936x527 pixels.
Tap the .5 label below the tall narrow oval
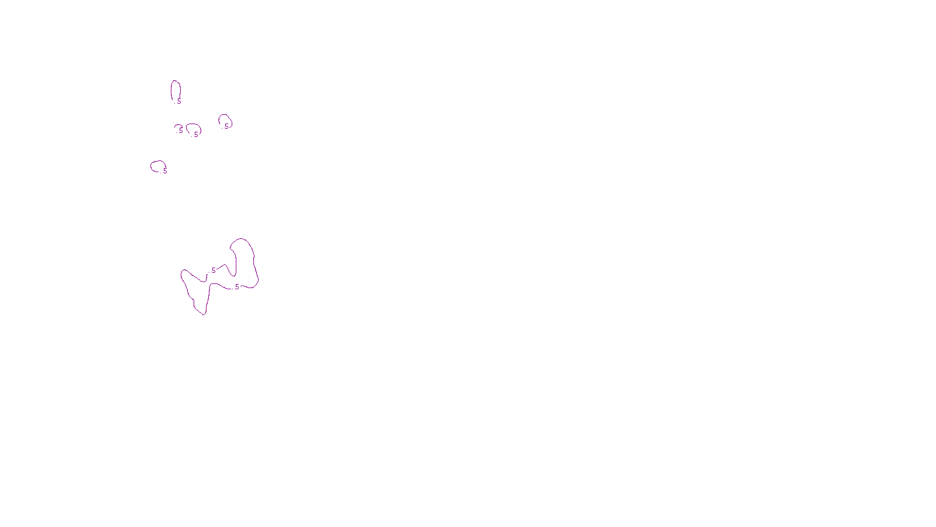pos(178,101)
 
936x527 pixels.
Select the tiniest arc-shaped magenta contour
pos(176,126)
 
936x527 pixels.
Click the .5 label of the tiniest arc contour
pos(180,131)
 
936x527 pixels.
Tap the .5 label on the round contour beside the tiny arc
pos(195,134)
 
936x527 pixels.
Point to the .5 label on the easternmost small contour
pos(226,126)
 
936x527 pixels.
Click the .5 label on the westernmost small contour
pos(164,171)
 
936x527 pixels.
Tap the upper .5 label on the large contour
pos(213,271)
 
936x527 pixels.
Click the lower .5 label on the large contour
pos(236,287)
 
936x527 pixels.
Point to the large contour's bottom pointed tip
pos(204,314)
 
